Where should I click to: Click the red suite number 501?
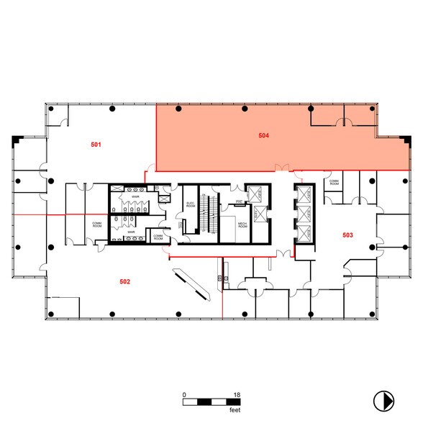click(96, 145)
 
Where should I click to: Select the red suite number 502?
click(124, 281)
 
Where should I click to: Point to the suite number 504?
click(264, 135)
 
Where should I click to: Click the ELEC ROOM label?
click(191, 204)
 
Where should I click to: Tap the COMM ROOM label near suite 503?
click(334, 183)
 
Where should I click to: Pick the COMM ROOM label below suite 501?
click(97, 224)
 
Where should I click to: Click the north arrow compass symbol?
click(383, 399)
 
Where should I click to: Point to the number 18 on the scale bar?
click(237, 395)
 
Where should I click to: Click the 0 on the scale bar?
click(185, 395)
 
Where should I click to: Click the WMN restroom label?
click(134, 196)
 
